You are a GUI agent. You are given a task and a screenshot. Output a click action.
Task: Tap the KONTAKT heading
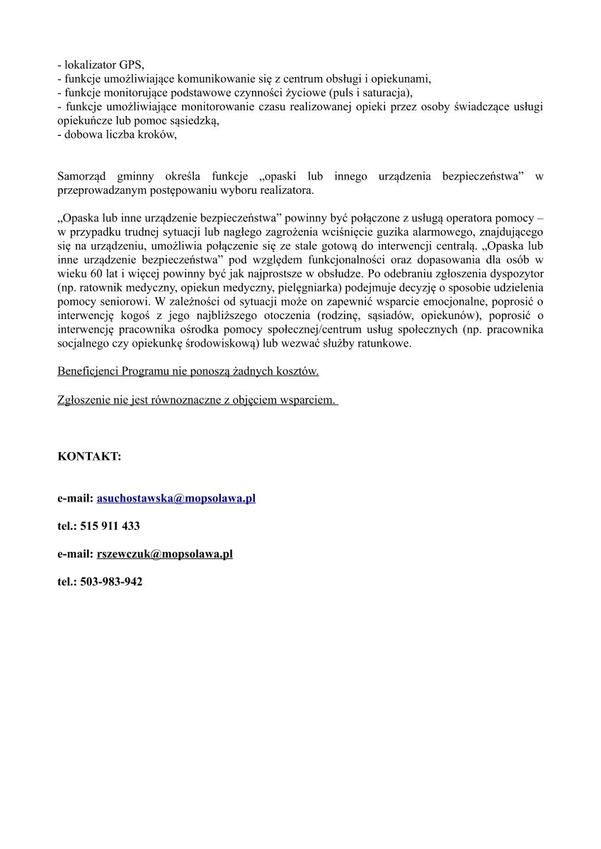pos(89,457)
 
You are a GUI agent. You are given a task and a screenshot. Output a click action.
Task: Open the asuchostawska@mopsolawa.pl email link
pos(176,498)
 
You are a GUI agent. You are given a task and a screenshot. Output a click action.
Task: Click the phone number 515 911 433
pos(110,526)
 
